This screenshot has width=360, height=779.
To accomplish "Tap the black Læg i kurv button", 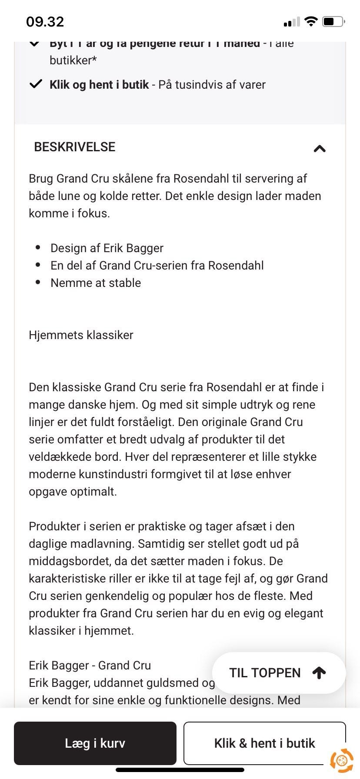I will coord(95,743).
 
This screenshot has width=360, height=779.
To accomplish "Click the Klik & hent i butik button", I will coord(264,743).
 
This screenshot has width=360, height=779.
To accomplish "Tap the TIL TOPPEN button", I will coord(278,672).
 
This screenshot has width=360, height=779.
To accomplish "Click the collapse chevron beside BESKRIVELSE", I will coord(320,149).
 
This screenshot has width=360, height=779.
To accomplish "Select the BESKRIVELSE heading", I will coord(75,147).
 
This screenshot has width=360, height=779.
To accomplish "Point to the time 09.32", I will coord(45,21).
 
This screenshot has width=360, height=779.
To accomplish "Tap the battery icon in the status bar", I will coord(333,21).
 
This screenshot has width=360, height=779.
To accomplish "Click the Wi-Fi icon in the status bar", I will coord(311,21).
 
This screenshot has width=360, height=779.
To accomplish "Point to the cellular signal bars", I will coord(291,22).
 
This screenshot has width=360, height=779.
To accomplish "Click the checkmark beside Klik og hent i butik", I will coord(36,84).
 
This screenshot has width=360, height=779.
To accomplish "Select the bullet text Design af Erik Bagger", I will coord(107,248).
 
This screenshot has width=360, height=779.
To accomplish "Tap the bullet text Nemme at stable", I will coord(96,283).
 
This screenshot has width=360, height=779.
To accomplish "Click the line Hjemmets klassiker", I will coord(81,335).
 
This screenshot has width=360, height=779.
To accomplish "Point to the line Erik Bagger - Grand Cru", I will coord(90,666).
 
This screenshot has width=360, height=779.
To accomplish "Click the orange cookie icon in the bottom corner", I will coord(341,759).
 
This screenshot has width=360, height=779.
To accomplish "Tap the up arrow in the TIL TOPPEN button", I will coord(319,673).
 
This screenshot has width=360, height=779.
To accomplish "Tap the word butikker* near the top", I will coord(73,60).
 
